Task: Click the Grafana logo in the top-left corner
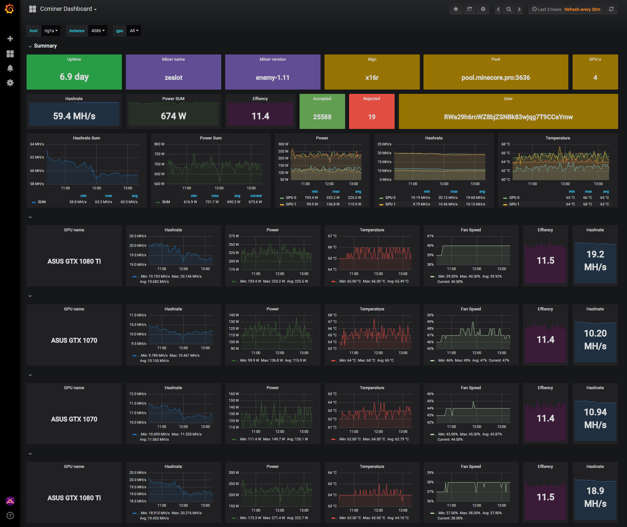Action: pos(10,9)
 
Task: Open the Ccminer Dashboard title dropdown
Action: pos(68,9)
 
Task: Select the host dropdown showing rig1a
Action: pos(51,31)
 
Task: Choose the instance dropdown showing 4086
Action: pos(98,31)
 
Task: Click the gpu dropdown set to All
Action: pos(134,31)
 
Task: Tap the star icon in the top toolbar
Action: pos(456,9)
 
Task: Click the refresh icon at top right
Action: pos(611,9)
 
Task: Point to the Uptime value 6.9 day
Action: pos(74,77)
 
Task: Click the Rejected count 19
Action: pos(372,117)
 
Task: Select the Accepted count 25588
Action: pos(322,117)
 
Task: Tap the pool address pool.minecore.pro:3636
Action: pos(496,78)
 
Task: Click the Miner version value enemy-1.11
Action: pos(272,78)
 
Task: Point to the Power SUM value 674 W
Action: pos(173,116)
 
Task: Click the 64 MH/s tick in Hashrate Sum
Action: pos(37,144)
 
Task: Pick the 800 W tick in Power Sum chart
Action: pos(159,144)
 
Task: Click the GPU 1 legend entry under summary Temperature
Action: pos(514,204)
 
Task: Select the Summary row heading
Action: pos(45,46)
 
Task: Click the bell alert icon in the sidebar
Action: pos(10,68)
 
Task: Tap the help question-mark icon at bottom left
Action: pos(10,516)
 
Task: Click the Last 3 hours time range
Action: pos(547,9)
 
